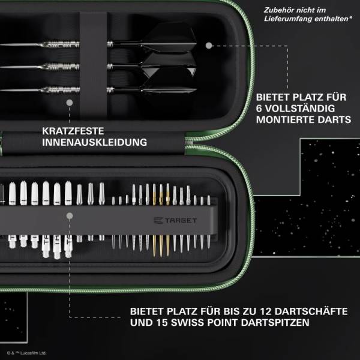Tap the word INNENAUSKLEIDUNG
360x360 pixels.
tap(95, 142)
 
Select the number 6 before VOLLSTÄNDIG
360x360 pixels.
tap(260, 108)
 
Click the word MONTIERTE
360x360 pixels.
tap(284, 120)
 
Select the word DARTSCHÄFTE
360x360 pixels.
tap(316, 311)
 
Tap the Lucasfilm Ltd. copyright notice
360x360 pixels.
tap(26, 353)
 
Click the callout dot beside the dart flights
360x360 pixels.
tap(209, 44)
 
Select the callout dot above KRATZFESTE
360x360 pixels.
tap(70, 103)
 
